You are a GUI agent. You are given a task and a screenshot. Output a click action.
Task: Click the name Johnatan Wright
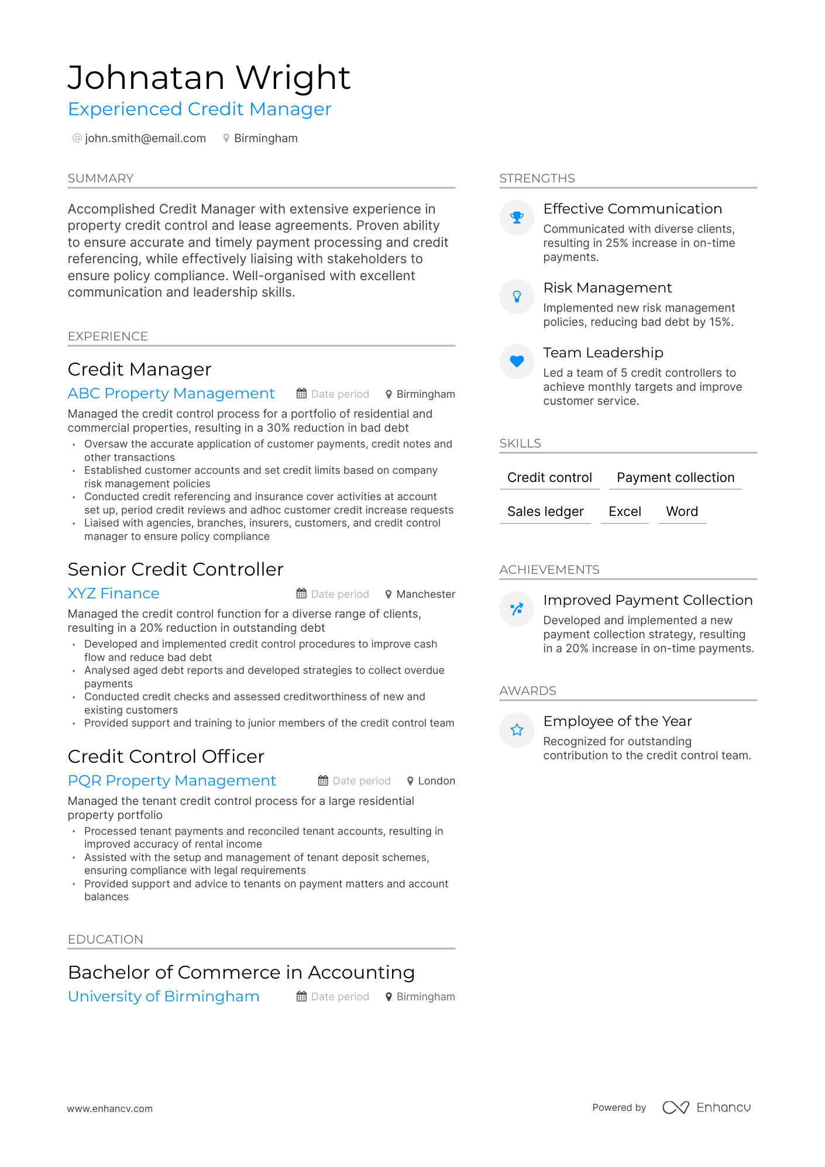tap(209, 78)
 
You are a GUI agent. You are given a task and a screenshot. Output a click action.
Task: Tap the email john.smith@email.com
tap(145, 139)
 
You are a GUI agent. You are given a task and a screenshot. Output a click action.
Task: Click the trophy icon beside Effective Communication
tap(517, 218)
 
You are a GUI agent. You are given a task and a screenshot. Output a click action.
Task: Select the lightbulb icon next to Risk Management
tap(517, 297)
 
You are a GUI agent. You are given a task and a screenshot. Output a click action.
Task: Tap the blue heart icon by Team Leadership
tap(517, 362)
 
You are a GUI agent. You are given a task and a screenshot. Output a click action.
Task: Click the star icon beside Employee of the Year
tap(517, 730)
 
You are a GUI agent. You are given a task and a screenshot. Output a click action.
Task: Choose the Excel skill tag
tap(624, 512)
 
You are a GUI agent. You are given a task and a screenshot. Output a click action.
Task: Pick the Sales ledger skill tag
tap(545, 512)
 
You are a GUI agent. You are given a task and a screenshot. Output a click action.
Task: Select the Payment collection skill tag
tap(675, 478)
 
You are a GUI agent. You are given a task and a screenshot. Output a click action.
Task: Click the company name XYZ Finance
tap(114, 594)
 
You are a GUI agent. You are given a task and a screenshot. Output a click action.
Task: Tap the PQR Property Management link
tap(171, 781)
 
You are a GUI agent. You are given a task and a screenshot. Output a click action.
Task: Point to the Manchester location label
tap(425, 594)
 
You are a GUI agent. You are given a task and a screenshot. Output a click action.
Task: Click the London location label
tap(436, 781)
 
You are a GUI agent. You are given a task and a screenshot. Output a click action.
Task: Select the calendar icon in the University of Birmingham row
tap(301, 997)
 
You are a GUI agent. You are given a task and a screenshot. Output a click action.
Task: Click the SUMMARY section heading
tap(101, 178)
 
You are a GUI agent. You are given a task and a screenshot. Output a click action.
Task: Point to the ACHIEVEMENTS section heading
tap(549, 570)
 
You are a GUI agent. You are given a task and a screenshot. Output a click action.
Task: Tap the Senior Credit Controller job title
tap(176, 569)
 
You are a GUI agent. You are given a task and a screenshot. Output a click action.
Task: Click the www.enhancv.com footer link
tap(109, 1109)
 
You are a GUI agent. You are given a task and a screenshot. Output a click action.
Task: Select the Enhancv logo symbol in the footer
tap(675, 1107)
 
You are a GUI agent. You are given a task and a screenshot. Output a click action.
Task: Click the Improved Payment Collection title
tap(647, 600)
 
